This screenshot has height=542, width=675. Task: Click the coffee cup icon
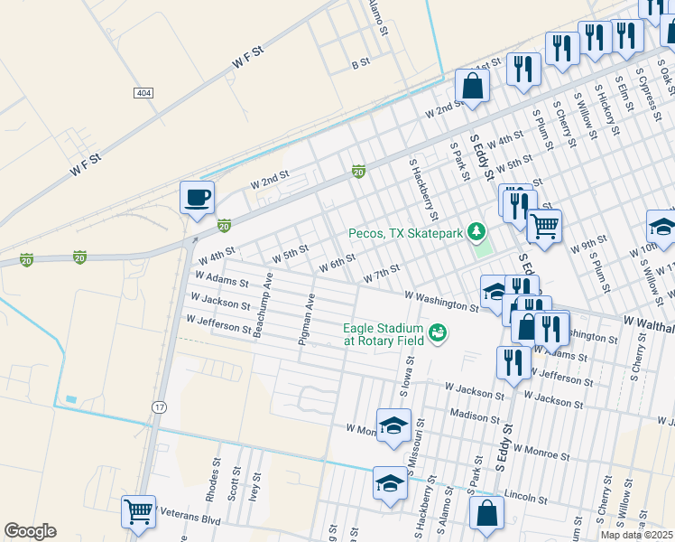[196, 196]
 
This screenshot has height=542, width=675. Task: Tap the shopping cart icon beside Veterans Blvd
[139, 511]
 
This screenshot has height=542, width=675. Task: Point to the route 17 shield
[159, 407]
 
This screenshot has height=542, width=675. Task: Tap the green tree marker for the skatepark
[476, 233]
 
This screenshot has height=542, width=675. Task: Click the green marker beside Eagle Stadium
[439, 333]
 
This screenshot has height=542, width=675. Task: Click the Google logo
[30, 531]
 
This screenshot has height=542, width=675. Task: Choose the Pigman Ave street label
[309, 320]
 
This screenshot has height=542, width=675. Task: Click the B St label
[361, 64]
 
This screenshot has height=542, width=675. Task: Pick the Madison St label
[475, 417]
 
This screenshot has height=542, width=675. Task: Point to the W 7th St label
[381, 272]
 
